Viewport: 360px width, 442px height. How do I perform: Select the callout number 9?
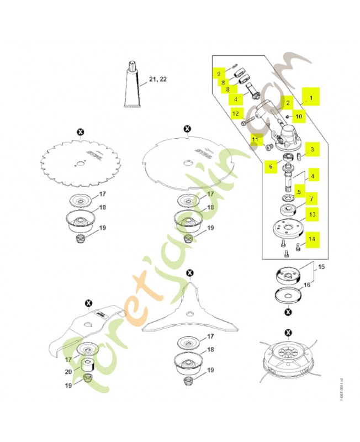(219, 73)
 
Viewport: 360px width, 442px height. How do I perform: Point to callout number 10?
(298, 117)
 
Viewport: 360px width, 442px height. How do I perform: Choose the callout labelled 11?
(255, 140)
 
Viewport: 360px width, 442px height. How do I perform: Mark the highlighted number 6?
(270, 165)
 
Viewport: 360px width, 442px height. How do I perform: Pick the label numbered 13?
(311, 214)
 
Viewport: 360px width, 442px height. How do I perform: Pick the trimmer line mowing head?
(288, 361)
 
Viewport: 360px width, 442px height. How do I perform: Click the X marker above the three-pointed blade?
(190, 273)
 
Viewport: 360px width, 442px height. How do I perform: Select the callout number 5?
(298, 192)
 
